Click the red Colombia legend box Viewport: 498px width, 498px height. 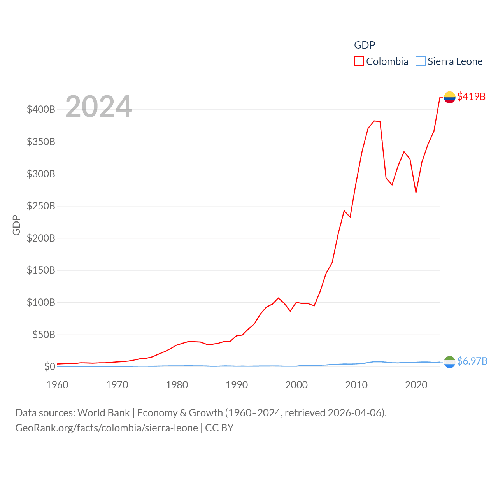[x=359, y=61]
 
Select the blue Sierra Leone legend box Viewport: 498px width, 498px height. [x=421, y=61]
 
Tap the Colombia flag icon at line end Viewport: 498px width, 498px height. [x=449, y=97]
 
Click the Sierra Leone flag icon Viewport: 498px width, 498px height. [x=449, y=362]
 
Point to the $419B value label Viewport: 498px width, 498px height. [x=471, y=96]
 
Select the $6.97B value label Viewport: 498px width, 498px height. [x=472, y=361]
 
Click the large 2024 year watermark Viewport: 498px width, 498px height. [x=98, y=107]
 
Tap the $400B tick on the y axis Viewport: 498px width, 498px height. [x=41, y=109]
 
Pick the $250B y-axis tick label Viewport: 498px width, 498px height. [x=41, y=206]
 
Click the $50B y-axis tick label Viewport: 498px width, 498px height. [x=44, y=335]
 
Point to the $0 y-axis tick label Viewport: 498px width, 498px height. [x=49, y=366]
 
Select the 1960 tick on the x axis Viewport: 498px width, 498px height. [x=57, y=385]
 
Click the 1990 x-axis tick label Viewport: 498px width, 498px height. [x=237, y=385]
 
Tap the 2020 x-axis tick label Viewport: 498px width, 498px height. [x=416, y=385]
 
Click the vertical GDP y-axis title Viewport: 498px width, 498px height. [x=16, y=225]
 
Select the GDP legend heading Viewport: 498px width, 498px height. [x=365, y=45]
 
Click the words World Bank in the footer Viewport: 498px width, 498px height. [x=103, y=413]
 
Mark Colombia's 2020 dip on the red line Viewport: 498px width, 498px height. [x=416, y=192]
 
